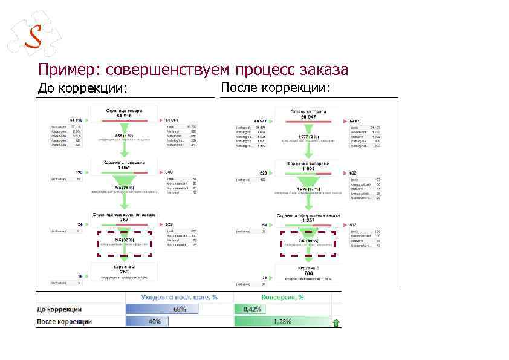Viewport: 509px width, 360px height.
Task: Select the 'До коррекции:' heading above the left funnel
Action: click(83, 89)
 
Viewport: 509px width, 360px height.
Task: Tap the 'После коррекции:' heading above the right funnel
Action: click(276, 88)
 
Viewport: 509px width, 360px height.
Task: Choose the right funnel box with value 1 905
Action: click(308, 165)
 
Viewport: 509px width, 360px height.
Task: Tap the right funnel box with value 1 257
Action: click(308, 218)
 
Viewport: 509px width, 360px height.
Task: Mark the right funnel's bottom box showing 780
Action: click(308, 270)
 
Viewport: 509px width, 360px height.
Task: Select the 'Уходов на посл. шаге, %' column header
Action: click(179, 298)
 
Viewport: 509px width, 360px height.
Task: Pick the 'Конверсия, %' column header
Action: click(282, 298)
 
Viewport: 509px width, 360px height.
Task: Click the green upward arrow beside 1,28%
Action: click(336, 322)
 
